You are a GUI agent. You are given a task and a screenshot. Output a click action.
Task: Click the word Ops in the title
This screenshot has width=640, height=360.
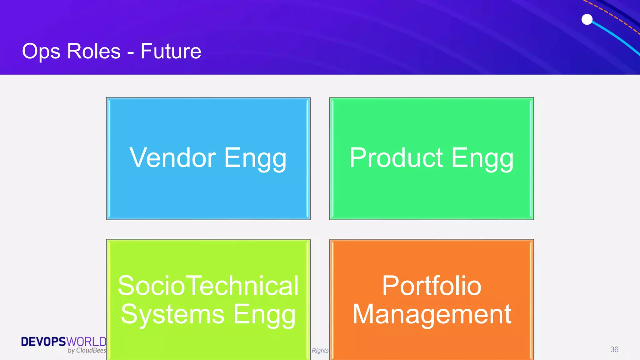pos(41,52)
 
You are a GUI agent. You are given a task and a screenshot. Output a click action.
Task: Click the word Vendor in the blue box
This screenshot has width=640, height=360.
pos(172,158)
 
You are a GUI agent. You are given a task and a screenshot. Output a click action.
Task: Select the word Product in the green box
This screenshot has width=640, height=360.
pos(396,158)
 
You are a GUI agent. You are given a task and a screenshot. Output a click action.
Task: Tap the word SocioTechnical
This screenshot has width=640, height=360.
pos(208,286)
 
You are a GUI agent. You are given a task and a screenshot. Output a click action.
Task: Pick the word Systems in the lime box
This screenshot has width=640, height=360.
pos(172,314)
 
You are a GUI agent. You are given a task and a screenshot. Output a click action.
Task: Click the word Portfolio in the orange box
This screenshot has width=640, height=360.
pos(432,286)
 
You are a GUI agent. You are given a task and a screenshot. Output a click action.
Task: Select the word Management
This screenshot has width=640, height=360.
pos(432,314)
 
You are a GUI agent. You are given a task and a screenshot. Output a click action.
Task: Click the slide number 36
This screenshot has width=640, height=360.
pos(614,349)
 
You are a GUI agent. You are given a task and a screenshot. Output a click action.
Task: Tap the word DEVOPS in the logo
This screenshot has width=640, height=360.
pos(43,342)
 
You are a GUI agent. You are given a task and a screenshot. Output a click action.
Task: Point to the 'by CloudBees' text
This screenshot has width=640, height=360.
pos(87,350)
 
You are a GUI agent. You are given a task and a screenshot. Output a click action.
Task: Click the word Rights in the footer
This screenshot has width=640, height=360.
pos(320,351)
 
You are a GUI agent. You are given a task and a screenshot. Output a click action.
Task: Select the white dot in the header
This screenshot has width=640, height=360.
pos(587,19)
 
